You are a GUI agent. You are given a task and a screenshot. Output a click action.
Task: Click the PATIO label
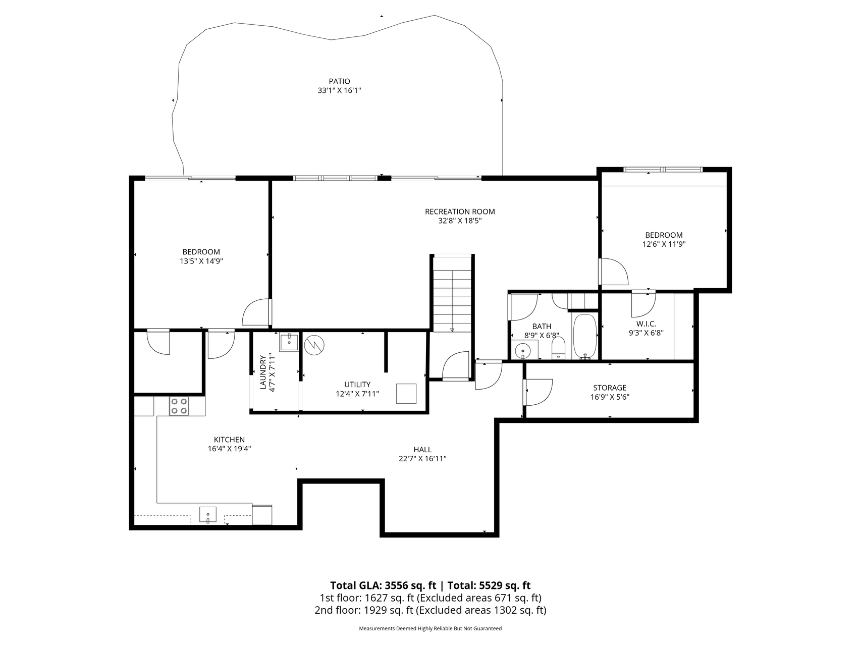pyautogui.click(x=339, y=81)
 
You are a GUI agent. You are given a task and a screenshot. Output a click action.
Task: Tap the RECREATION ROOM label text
pyautogui.click(x=459, y=211)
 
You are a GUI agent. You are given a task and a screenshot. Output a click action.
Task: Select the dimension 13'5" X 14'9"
pyautogui.click(x=201, y=261)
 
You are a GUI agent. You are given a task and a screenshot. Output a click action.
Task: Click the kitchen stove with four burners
pyautogui.click(x=179, y=406)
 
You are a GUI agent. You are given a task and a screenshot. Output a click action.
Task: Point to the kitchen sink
pyautogui.click(x=207, y=515)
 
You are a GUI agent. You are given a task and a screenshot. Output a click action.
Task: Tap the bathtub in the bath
pyautogui.click(x=585, y=336)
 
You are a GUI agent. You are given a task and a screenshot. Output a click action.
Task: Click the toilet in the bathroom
pyautogui.click(x=558, y=348)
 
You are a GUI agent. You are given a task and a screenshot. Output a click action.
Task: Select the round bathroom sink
pyautogui.click(x=522, y=350)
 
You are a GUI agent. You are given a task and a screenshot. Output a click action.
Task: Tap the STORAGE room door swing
pyautogui.click(x=538, y=392)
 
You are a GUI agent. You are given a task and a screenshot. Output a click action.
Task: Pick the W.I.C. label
pyautogui.click(x=646, y=324)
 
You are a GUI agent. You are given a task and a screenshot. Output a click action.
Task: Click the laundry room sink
pyautogui.click(x=289, y=342)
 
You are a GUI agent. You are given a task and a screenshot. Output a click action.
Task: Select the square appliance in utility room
pyautogui.click(x=406, y=394)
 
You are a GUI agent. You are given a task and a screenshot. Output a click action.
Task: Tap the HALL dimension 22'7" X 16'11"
pyautogui.click(x=422, y=459)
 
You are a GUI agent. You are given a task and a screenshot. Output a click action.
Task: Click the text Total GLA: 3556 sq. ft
pyautogui.click(x=383, y=585)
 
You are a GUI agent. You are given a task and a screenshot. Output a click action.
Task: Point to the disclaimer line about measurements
pyautogui.click(x=430, y=628)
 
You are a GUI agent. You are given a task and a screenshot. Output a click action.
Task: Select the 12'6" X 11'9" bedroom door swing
pyautogui.click(x=613, y=272)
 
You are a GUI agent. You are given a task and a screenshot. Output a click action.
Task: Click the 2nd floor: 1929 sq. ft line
pyautogui.click(x=430, y=610)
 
